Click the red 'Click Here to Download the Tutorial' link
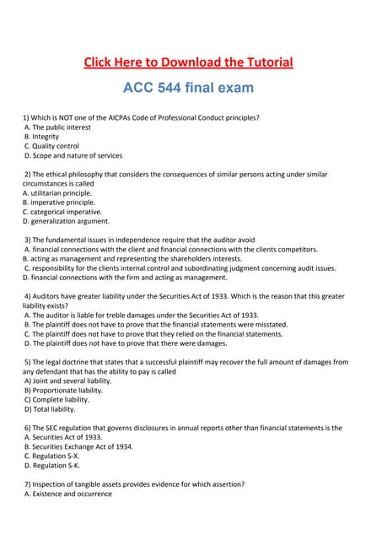coord(188,62)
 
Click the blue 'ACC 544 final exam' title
coord(188,87)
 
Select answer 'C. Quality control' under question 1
coord(52,146)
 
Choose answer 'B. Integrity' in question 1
coord(42,136)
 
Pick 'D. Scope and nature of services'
coord(73,156)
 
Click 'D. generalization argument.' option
coord(67,222)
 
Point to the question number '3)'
coord(28,240)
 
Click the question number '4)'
coord(28,296)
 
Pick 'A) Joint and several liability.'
coord(67,381)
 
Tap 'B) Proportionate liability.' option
coord(64,391)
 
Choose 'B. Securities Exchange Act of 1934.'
coord(78,446)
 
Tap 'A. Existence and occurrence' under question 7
coord(68,494)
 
